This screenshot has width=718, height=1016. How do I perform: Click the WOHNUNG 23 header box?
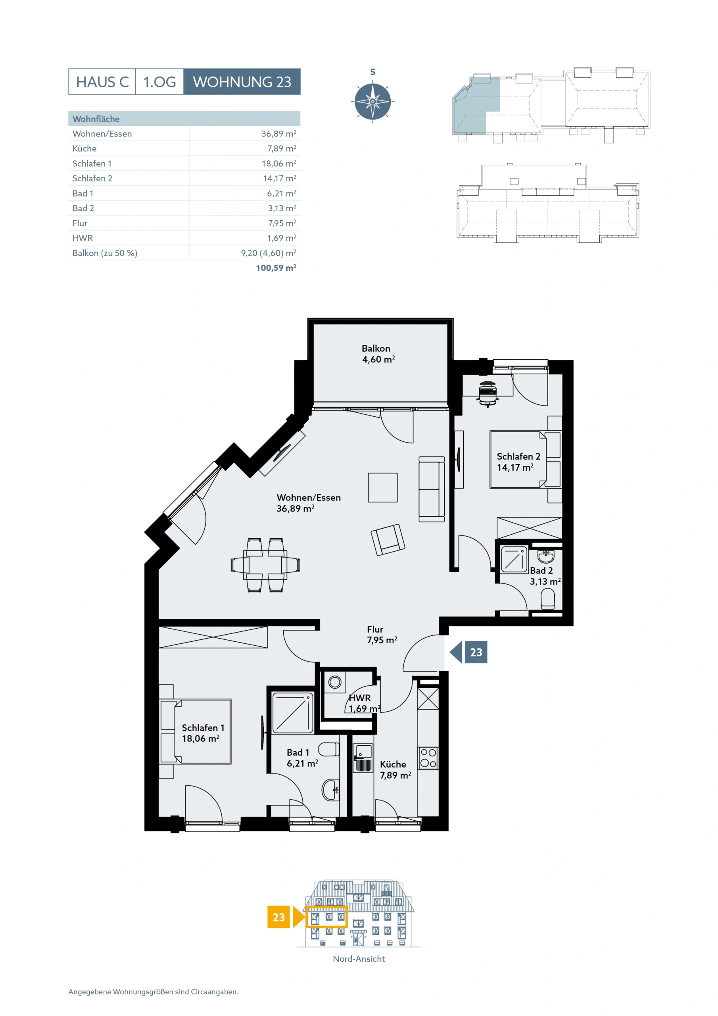[x=242, y=81]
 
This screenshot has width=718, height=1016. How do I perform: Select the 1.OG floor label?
[x=159, y=82]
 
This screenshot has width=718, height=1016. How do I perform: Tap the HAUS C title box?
[x=102, y=82]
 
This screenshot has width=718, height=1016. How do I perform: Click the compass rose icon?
[x=372, y=101]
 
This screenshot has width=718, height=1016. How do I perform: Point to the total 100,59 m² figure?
[x=276, y=268]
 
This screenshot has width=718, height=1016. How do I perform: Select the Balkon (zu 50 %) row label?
[x=105, y=253]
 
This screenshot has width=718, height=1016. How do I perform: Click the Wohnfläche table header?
[x=96, y=119]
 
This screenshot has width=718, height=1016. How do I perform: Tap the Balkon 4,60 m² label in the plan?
[x=378, y=354]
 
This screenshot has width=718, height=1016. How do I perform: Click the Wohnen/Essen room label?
[x=309, y=503]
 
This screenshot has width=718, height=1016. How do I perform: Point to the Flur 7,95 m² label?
[x=382, y=634]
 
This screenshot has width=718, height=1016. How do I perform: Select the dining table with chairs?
[x=265, y=565]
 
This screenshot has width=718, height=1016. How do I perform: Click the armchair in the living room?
[x=388, y=539]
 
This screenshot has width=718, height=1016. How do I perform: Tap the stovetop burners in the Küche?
[x=428, y=758]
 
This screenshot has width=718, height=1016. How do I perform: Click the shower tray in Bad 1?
[x=292, y=713]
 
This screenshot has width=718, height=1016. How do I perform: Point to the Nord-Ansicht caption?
[x=359, y=959]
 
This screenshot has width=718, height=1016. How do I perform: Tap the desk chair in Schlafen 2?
[x=488, y=393]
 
